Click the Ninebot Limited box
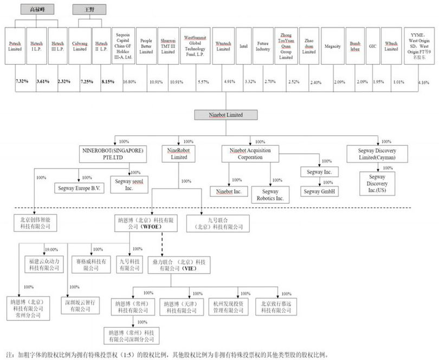click(x=218, y=115)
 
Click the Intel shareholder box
click(x=243, y=46)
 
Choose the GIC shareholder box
click(x=372, y=46)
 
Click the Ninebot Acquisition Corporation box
click(x=250, y=153)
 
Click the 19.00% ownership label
click(x=50, y=249)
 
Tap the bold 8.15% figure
click(x=101, y=81)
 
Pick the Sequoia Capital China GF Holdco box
click(x=125, y=46)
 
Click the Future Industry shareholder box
click(x=263, y=46)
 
